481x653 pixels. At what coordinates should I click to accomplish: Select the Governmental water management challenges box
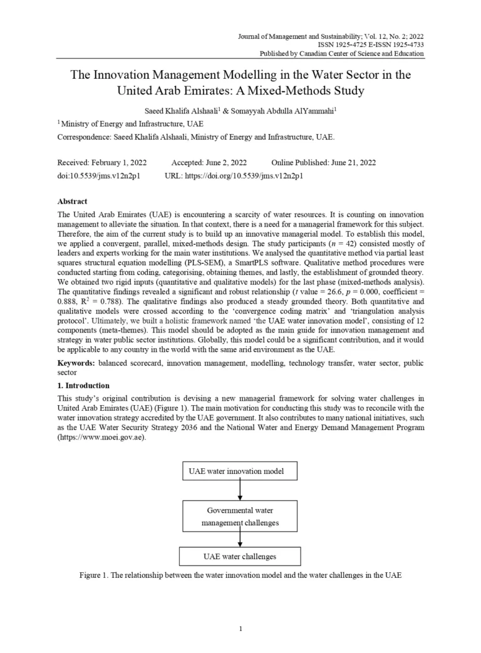pyautogui.click(x=240, y=516)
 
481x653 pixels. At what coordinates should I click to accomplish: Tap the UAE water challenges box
pyautogui.click(x=240, y=556)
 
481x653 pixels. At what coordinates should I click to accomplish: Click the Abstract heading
pyautogui.click(x=72, y=202)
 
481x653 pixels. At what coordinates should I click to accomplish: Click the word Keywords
pyautogui.click(x=76, y=363)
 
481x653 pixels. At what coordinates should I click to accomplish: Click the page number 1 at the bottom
pyautogui.click(x=240, y=629)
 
